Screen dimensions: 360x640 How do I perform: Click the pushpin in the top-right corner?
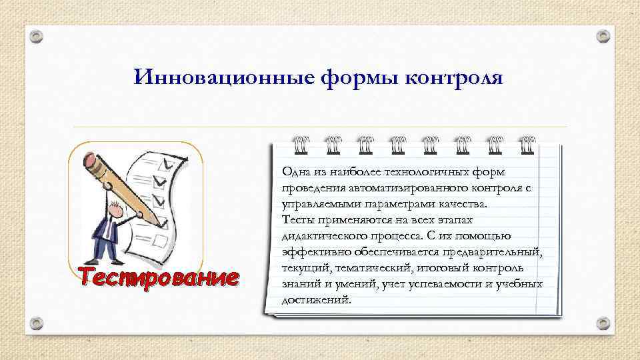coord(603,35)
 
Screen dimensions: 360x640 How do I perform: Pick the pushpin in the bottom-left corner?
coord(37,324)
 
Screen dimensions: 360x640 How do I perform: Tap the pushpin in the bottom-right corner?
coord(603,324)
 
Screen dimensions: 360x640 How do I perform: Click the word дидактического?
coord(322,236)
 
